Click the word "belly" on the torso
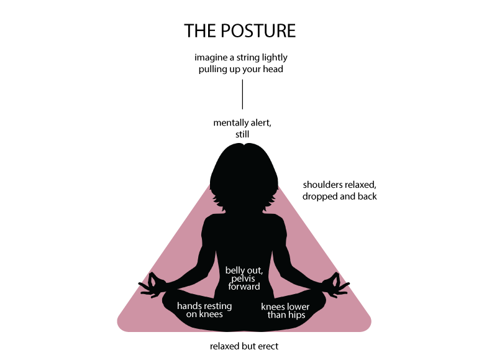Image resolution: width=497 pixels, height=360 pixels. [235, 270]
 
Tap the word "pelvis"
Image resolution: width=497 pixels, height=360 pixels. [244, 279]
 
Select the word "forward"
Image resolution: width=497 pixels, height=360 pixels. [244, 287]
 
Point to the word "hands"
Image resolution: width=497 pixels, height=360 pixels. [189, 306]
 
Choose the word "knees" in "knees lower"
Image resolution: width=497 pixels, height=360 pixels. [273, 307]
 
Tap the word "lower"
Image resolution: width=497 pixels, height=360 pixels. [298, 307]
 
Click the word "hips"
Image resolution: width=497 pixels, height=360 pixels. [296, 315]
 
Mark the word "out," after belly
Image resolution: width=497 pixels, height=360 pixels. [255, 270]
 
